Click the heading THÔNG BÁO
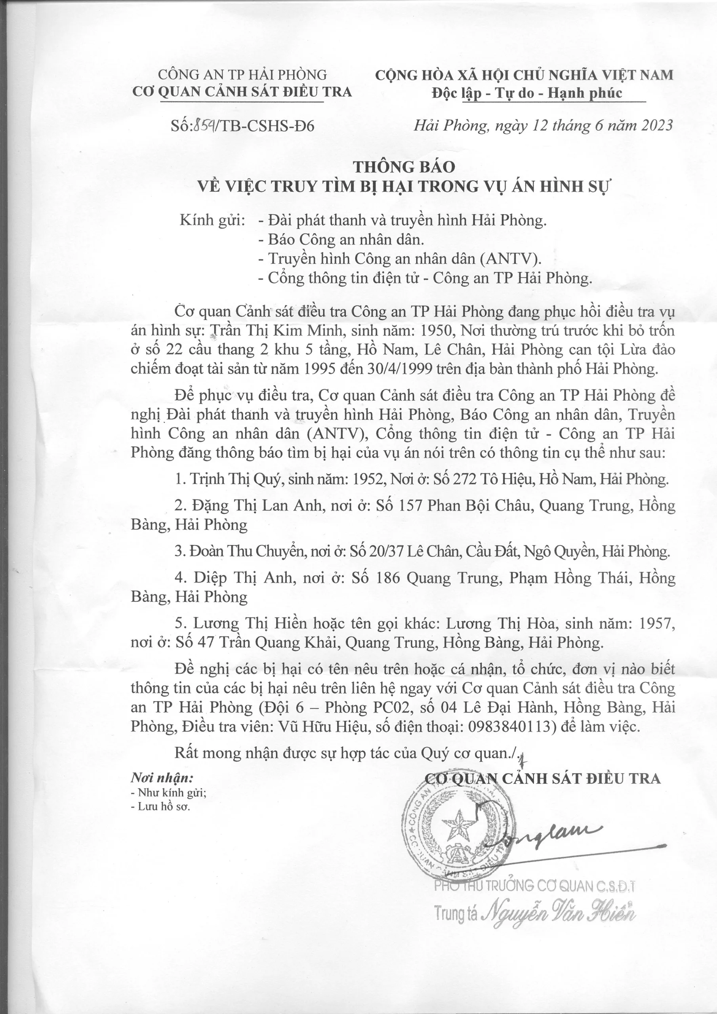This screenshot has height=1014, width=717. click(404, 167)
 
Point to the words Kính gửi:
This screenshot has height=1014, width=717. click(212, 220)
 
